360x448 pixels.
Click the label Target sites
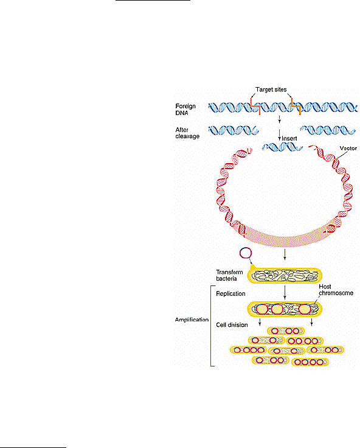pyautogui.click(x=271, y=89)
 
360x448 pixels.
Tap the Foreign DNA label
pyautogui.click(x=185, y=110)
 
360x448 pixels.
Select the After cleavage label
pyautogui.click(x=187, y=133)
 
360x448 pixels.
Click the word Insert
pyautogui.click(x=289, y=139)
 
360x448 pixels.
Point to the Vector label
pyautogui.click(x=348, y=149)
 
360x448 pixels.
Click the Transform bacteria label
pyautogui.click(x=229, y=275)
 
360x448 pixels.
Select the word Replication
pyautogui.click(x=230, y=294)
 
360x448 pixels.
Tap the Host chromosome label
pyautogui.click(x=336, y=290)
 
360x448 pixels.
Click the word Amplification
pyautogui.click(x=192, y=320)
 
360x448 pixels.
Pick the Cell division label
pyautogui.click(x=232, y=325)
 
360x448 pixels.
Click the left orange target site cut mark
pyautogui.click(x=255, y=106)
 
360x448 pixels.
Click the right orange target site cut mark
pyautogui.click(x=296, y=106)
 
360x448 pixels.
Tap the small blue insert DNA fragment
pyautogui.click(x=282, y=147)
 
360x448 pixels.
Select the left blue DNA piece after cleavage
pyautogui.click(x=234, y=130)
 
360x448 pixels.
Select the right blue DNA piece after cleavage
pyautogui.click(x=328, y=130)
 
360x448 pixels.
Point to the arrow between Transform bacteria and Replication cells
pyautogui.click(x=285, y=292)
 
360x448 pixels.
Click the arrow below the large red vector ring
pyautogui.click(x=285, y=254)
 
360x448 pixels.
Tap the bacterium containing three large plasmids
pyautogui.click(x=285, y=309)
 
